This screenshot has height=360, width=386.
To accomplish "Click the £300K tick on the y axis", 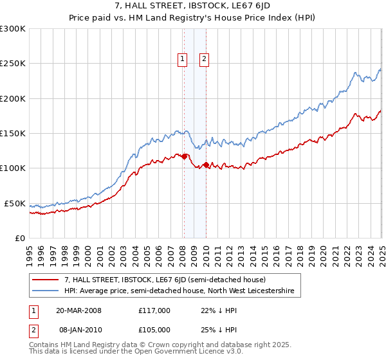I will click(x=12, y=29).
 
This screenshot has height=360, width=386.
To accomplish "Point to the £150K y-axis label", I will click(x=12, y=134).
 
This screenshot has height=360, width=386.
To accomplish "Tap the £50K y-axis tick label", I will click(x=15, y=203).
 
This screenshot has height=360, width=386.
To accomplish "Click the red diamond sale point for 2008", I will click(x=185, y=156).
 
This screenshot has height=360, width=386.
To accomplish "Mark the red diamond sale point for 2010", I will click(x=206, y=165).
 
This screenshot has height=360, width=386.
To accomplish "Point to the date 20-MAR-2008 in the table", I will click(x=78, y=310).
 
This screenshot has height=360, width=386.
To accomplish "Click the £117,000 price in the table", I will click(x=154, y=310).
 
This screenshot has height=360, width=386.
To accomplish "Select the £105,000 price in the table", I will click(x=154, y=330).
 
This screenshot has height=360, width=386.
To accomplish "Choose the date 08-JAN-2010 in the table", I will click(x=78, y=330).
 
